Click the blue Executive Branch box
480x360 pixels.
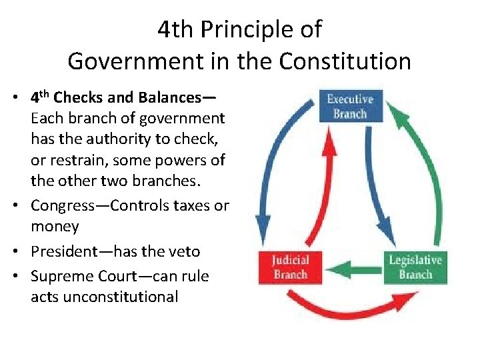[x=350, y=106]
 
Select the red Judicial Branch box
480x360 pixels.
[x=289, y=266]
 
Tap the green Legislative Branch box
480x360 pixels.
[x=415, y=267]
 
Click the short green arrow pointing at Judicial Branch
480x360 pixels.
[x=347, y=269]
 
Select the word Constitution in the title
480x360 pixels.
[x=345, y=61]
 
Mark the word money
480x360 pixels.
[x=55, y=227]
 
